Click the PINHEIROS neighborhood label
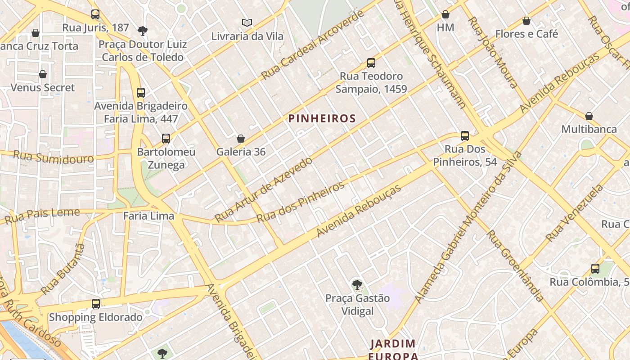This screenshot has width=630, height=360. click(322, 118)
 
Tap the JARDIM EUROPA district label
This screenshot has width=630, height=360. click(393, 350)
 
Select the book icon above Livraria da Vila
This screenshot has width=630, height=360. click(246, 22)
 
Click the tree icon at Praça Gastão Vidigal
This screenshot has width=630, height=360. click(357, 284)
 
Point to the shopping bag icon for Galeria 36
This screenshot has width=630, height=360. click(241, 139)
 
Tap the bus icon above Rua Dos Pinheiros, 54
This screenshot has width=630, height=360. click(465, 135)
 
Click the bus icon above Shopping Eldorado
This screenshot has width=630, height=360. click(95, 304)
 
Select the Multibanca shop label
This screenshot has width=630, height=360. click(589, 129)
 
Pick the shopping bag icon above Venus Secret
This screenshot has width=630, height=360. click(43, 74)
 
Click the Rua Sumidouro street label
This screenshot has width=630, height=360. click(53, 157)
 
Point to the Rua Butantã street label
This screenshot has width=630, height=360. click(63, 269)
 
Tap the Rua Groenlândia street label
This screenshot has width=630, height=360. click(515, 265)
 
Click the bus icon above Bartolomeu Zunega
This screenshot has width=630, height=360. click(166, 139)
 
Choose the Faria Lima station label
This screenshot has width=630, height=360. click(148, 216)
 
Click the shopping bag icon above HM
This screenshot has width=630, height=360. click(445, 15)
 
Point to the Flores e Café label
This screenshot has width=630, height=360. click(526, 34)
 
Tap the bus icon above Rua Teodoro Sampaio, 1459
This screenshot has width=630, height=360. click(371, 63)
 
